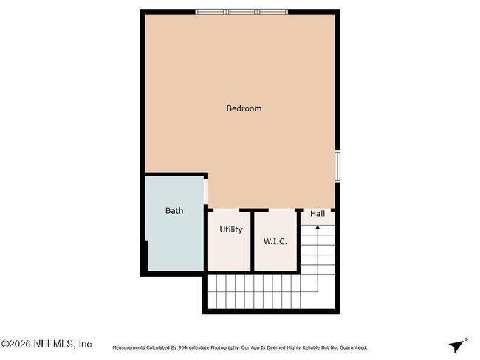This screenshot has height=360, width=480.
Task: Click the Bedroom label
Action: pyautogui.click(x=243, y=108)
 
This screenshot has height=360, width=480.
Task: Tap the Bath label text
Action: pyautogui.click(x=174, y=211)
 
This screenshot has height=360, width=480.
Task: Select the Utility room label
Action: pyautogui.click(x=230, y=229)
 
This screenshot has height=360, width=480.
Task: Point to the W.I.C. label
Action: pyautogui.click(x=275, y=241)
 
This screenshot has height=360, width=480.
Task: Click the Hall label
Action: pyautogui.click(x=318, y=214)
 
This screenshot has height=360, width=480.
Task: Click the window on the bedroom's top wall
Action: pyautogui.click(x=241, y=12)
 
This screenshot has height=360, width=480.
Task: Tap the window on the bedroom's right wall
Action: pyautogui.click(x=337, y=165)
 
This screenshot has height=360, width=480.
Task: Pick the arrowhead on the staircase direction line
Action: pyautogui.click(x=318, y=228)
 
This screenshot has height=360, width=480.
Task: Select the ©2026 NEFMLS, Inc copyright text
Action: pyautogui.click(x=46, y=344)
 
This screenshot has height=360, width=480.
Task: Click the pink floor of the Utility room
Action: pyautogui.click(x=230, y=255)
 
